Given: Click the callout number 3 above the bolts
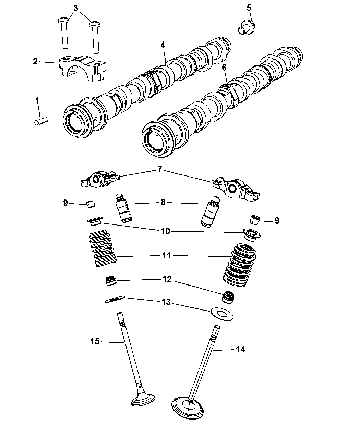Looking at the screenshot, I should (76, 8).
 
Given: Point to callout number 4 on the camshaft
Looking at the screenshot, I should (163, 45).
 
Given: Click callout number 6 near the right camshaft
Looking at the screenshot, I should (224, 68).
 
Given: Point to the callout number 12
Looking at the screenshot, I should (167, 279).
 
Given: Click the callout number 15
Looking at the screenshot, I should (95, 341).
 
